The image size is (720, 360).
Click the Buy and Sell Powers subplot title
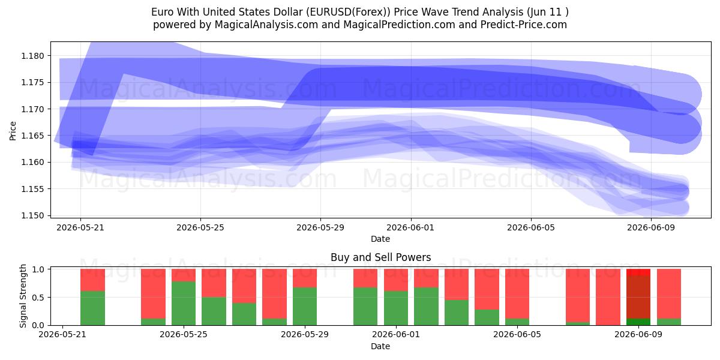(380, 257)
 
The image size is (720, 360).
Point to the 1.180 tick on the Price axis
(32, 56)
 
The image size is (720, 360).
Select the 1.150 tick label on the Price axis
(32, 215)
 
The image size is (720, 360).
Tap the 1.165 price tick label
(32, 136)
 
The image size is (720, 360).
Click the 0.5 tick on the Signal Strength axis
(38, 298)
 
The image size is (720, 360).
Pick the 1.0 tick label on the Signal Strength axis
(38, 269)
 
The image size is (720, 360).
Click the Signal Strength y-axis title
(23, 296)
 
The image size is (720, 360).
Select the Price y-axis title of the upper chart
(13, 131)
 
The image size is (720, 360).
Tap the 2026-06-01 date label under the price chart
(410, 227)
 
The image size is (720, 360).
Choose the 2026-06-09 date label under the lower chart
(638, 335)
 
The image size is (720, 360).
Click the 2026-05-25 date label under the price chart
(200, 227)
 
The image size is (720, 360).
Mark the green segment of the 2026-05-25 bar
(184, 304)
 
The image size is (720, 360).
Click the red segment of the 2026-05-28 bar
(275, 293)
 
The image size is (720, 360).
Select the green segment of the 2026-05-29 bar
(305, 307)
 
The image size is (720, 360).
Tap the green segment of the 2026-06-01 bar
(396, 308)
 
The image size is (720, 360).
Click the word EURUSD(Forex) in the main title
(348, 12)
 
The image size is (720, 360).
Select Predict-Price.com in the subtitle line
(524, 25)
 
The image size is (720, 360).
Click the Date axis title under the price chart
(380, 239)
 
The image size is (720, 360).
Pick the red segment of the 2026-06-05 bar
(517, 293)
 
